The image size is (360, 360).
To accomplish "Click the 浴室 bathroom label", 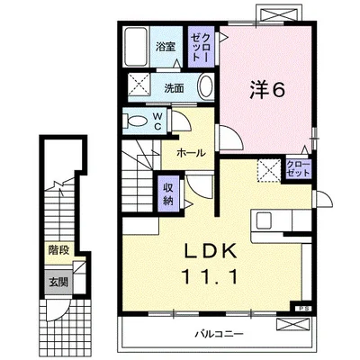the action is tap(166, 47).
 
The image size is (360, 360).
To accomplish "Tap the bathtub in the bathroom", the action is tap(136, 47).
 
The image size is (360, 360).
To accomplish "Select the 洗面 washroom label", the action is tap(174, 88).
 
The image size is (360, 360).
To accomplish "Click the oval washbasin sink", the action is tap(206, 85).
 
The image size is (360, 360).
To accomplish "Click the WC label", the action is tap(157, 121).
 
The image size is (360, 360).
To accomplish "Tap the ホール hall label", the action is tap(191, 153).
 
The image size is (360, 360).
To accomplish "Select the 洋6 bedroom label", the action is tap(266, 89).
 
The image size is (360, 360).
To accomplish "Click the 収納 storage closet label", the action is tap(168, 194).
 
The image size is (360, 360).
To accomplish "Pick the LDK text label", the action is tap(211, 253).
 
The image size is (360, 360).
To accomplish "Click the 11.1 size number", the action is tap(210, 277).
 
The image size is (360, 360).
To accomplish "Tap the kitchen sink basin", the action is tap(264, 221).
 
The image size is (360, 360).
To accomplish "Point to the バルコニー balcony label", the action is tap(220, 334).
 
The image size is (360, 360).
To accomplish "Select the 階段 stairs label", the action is tap(59, 249).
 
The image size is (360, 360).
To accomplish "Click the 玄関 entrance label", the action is tap(58, 282).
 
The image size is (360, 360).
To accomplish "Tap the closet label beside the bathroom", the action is tap(201, 47).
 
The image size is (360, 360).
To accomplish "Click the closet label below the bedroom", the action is tap(298, 169).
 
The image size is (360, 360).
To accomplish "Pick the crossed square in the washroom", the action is tap(139, 83).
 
